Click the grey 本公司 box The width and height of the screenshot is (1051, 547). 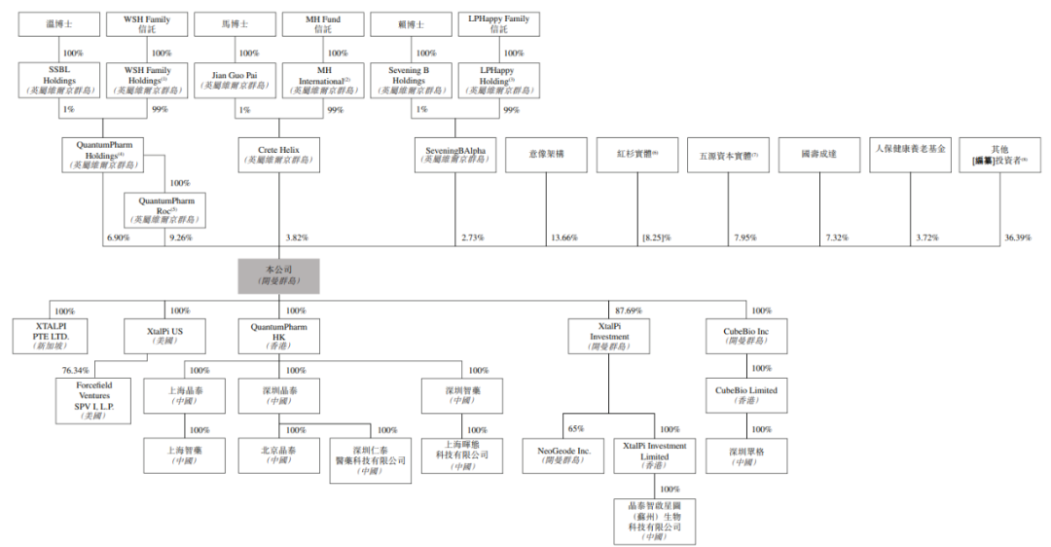pos(278,274)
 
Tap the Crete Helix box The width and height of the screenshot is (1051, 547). pos(278,156)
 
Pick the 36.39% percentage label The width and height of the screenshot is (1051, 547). pos(1017,237)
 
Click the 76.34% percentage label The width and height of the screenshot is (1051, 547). pos(76,370)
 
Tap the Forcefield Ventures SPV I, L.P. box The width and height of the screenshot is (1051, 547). pos(94,400)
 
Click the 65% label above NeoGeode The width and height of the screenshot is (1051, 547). pos(576,429)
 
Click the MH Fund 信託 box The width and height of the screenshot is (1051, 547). pos(323,24)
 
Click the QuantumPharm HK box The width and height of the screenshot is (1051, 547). pos(278,337)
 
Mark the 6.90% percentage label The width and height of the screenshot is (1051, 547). pos(118,237)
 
